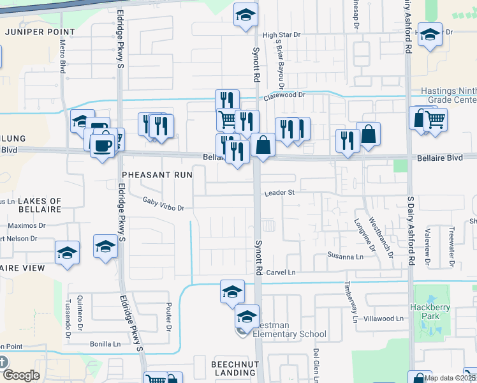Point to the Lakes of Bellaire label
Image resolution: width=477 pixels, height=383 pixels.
pos(31,205)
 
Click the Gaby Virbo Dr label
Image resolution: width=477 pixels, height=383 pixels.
pos(163,207)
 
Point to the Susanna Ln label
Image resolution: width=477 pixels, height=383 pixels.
pos(345,257)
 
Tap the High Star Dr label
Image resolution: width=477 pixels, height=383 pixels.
pos(281,36)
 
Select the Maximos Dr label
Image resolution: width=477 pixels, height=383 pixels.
pos(27,225)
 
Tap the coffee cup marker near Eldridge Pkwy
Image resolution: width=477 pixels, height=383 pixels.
pos(102,146)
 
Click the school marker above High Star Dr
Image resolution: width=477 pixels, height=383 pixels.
pos(244,17)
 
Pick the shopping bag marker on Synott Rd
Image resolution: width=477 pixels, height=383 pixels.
pos(263,146)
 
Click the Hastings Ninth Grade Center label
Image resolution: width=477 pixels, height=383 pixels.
pos(448,96)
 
